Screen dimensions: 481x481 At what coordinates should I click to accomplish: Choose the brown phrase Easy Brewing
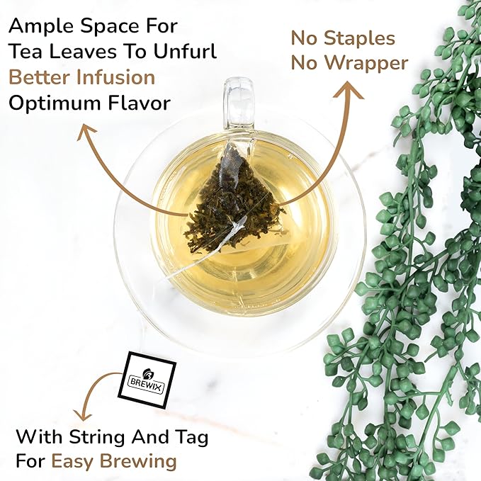(113, 461)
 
